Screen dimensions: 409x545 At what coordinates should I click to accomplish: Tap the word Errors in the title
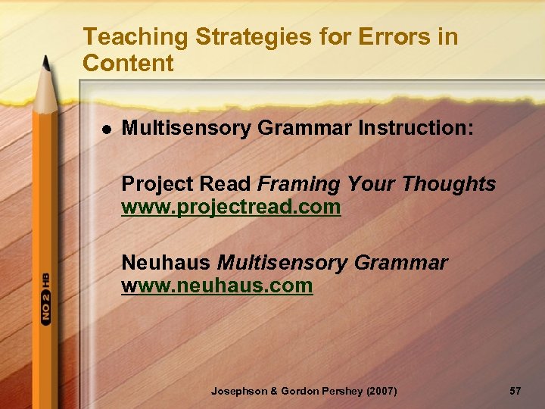pyautogui.click(x=378, y=36)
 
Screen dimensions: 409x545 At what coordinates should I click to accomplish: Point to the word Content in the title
pyautogui.click(x=128, y=64)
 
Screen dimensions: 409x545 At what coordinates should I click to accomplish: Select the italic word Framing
pyautogui.click(x=300, y=184)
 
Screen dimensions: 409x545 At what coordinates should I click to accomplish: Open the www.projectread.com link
pyautogui.click(x=231, y=207)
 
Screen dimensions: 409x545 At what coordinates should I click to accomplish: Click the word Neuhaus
pyautogui.click(x=167, y=263)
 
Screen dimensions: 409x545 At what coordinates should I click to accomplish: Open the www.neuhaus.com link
pyautogui.click(x=217, y=286)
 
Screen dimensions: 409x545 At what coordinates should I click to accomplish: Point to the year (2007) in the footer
pyautogui.click(x=380, y=391)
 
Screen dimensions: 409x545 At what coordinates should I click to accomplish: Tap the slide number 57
pyautogui.click(x=515, y=391)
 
